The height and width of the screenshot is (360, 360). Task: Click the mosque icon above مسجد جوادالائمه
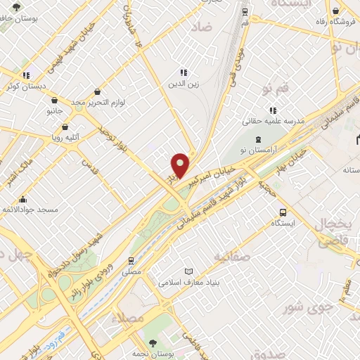click(x=23, y=199)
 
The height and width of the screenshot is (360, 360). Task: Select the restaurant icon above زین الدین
click(x=184, y=72)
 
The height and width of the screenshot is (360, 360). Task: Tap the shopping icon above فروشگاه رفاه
click(x=337, y=11)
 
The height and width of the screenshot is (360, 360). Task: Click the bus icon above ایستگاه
click(x=283, y=212)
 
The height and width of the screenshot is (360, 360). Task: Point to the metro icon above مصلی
click(x=131, y=260)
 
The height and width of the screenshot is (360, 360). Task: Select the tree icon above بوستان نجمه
click(x=152, y=342)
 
